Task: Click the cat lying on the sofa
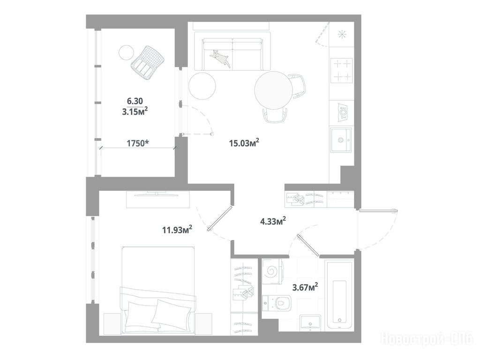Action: (220, 58)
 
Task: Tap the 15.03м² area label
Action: (244, 142)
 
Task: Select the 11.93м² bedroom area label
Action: (177, 230)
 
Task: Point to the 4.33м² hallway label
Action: (273, 221)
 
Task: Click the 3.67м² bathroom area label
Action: (305, 287)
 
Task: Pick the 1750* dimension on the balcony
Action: (138, 143)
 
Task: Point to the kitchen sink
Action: (341, 140)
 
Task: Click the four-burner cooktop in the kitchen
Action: (341, 70)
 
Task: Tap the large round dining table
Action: (273, 90)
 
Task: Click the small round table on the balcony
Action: (126, 52)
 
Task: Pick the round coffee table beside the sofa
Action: (202, 86)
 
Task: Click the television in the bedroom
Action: (157, 194)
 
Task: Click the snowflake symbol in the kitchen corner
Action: (342, 35)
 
